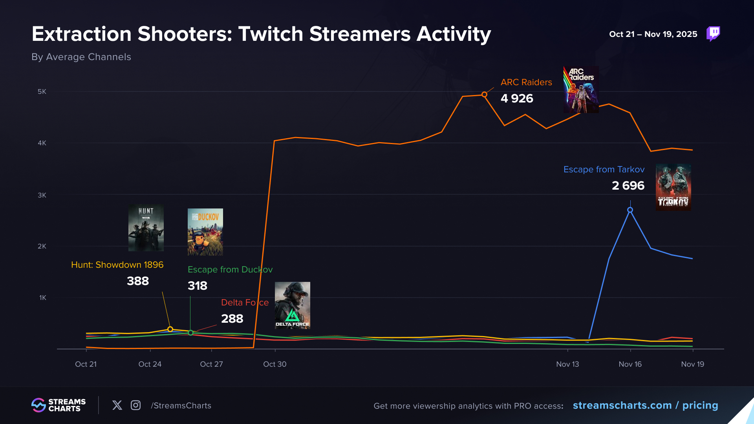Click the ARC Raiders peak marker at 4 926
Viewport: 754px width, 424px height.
(484, 95)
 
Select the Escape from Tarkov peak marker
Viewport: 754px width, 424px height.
(630, 210)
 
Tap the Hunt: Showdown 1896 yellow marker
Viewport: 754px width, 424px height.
(170, 329)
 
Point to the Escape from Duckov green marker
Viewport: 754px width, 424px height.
(190, 333)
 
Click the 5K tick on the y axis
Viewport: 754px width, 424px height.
(42, 91)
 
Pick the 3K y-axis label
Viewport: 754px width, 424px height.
(42, 195)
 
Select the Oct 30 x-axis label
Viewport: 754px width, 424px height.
(275, 364)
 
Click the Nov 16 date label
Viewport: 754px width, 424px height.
(630, 364)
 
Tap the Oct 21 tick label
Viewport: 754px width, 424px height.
(86, 364)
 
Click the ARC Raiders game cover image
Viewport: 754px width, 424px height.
(581, 90)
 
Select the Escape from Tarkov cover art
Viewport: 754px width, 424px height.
(673, 187)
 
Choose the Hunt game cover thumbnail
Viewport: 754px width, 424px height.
(146, 228)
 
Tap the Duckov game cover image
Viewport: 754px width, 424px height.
(205, 232)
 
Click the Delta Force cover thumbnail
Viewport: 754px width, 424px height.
(293, 305)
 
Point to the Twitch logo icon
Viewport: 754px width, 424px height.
(713, 34)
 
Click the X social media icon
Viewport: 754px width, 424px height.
(117, 405)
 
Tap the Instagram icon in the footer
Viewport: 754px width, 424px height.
(135, 405)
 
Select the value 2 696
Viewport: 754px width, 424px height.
(628, 185)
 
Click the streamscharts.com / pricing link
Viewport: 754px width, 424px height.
(645, 405)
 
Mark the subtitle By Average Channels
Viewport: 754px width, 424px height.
(81, 57)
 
